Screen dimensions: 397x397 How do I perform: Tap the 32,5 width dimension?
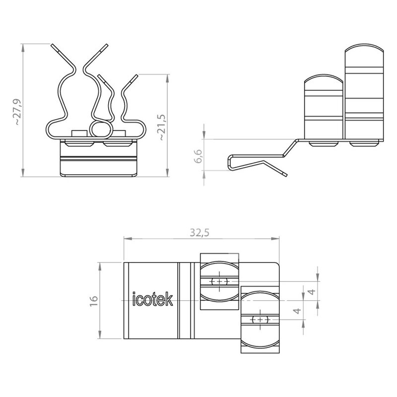(200, 232)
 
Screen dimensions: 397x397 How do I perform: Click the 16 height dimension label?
(94, 301)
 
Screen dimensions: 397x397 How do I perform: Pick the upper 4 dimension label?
(312, 291)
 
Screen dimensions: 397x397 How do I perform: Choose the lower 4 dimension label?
(298, 311)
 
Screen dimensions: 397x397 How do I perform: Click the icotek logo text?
(153, 299)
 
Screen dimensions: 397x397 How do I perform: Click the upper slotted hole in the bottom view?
(220, 281)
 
